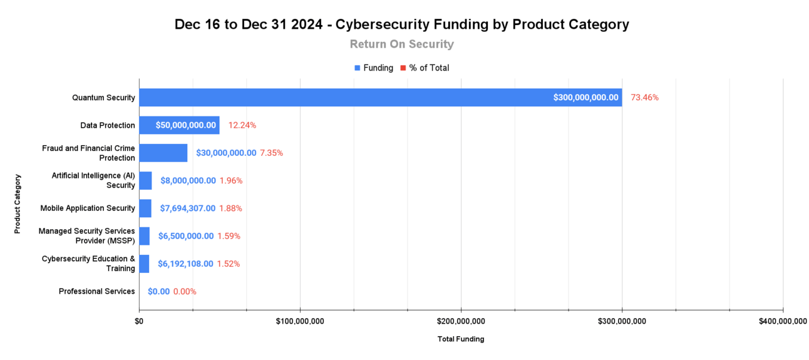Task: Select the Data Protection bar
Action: coord(179,125)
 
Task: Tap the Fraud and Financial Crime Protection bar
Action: coord(163,153)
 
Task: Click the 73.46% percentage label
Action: coord(644,98)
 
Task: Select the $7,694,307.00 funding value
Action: coord(188,208)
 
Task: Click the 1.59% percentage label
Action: coord(229,236)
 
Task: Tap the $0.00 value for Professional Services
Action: coord(158,291)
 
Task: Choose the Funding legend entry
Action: coord(374,68)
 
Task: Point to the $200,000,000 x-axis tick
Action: coord(461,321)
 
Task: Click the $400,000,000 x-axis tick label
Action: coord(783,321)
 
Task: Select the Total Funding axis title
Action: coord(461,339)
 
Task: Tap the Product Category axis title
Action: coord(18,204)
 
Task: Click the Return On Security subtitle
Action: coord(401,44)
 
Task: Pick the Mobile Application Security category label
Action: coord(88,208)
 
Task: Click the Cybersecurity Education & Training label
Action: coord(88,264)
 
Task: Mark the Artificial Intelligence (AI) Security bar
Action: coord(145,181)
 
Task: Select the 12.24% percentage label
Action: coord(242,125)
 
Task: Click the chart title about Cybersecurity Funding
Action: coord(401,24)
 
